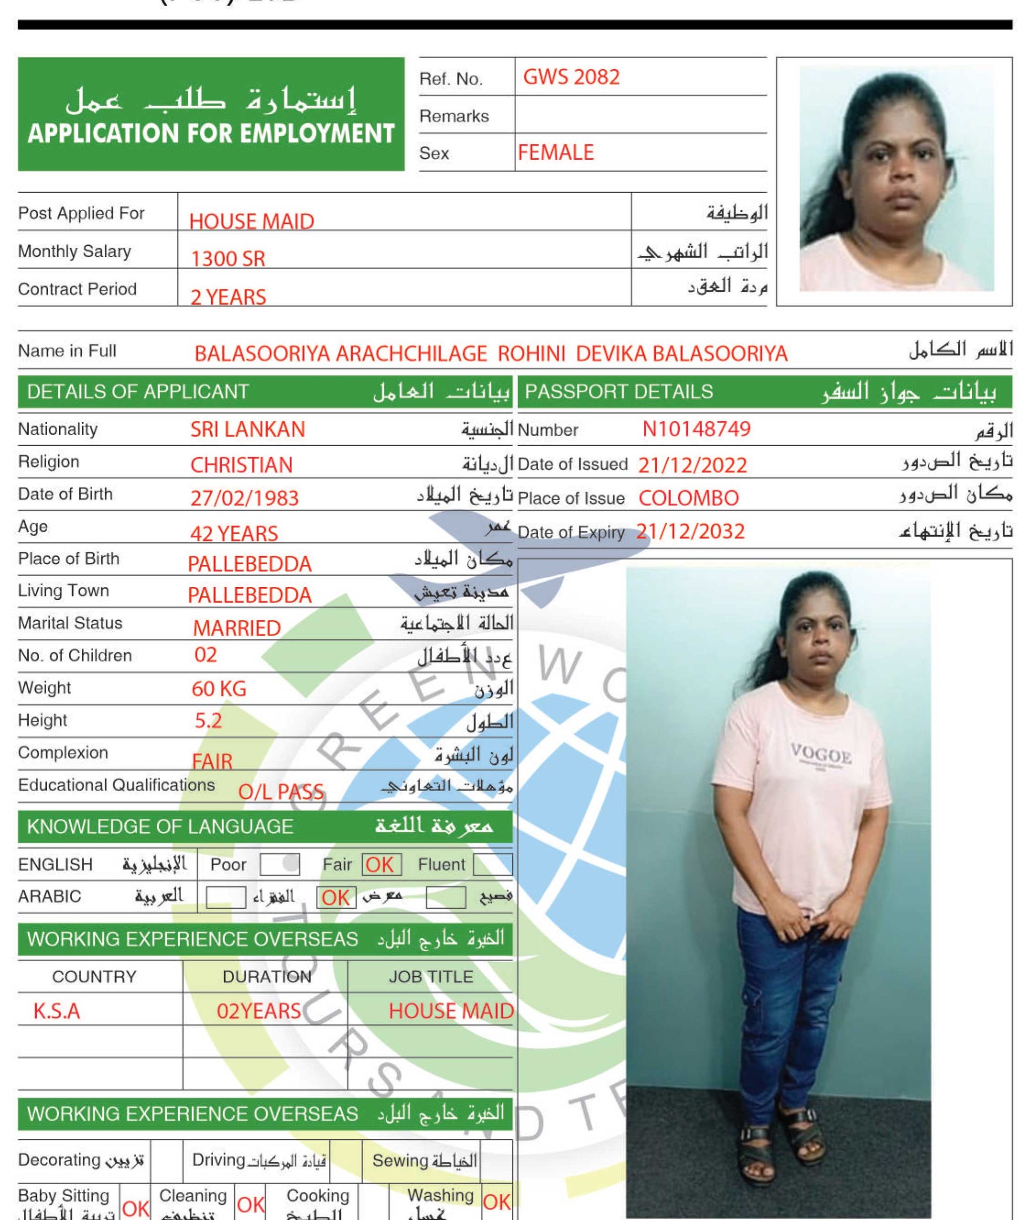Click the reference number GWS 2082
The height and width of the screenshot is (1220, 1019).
(571, 77)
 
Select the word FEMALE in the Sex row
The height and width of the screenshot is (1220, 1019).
(555, 153)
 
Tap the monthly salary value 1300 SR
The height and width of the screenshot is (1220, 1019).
(228, 258)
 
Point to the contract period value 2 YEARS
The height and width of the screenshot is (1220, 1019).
(228, 297)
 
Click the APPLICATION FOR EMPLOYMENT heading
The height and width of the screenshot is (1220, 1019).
(211, 133)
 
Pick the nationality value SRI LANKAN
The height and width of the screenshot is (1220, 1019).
(247, 429)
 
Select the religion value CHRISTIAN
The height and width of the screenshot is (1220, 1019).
(241, 465)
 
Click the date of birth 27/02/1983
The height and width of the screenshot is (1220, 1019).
(244, 498)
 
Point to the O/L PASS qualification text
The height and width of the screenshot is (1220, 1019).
(281, 792)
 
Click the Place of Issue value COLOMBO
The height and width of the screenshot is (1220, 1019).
(688, 498)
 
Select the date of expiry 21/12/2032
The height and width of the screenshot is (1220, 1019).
(690, 531)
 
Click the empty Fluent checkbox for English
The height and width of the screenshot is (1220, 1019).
(493, 864)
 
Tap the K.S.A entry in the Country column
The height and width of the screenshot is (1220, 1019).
(57, 1011)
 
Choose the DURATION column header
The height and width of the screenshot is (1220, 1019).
(266, 976)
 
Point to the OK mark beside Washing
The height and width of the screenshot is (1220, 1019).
(497, 1202)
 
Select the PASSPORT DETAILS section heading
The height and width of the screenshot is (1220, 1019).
(619, 392)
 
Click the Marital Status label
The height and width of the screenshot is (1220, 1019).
(70, 623)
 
